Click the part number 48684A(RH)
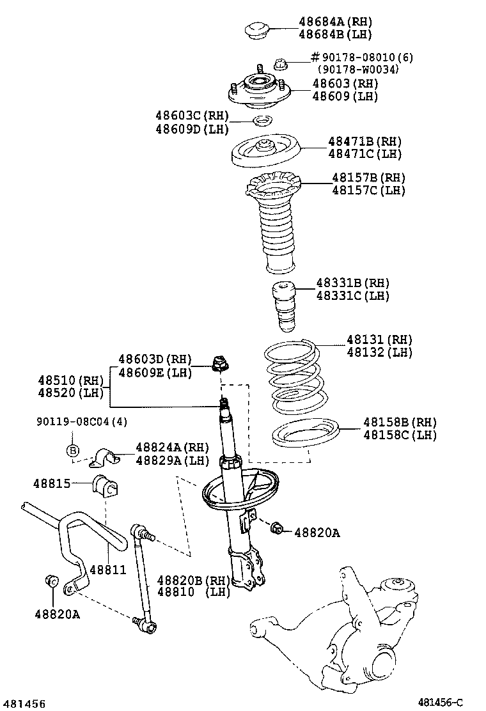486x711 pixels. (x=334, y=22)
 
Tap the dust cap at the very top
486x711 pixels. (x=258, y=30)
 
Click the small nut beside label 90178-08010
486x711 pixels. (x=280, y=63)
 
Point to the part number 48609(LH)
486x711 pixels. (x=345, y=96)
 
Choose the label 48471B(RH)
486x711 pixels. (x=365, y=141)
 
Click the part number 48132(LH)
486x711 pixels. (x=379, y=352)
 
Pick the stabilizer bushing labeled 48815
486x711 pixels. (x=106, y=488)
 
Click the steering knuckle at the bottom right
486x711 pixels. (x=358, y=627)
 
